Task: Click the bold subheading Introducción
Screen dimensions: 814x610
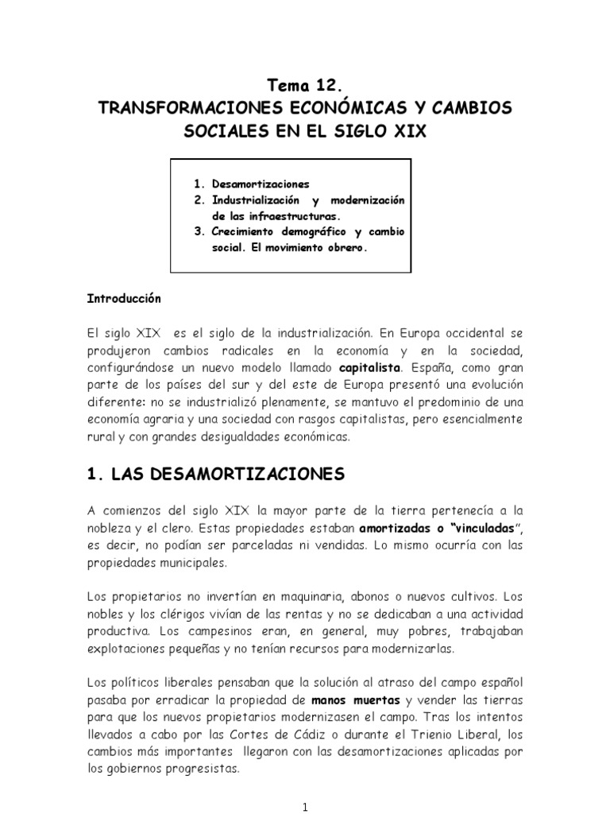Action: click(x=124, y=299)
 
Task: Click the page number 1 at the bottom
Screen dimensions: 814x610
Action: click(x=305, y=804)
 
